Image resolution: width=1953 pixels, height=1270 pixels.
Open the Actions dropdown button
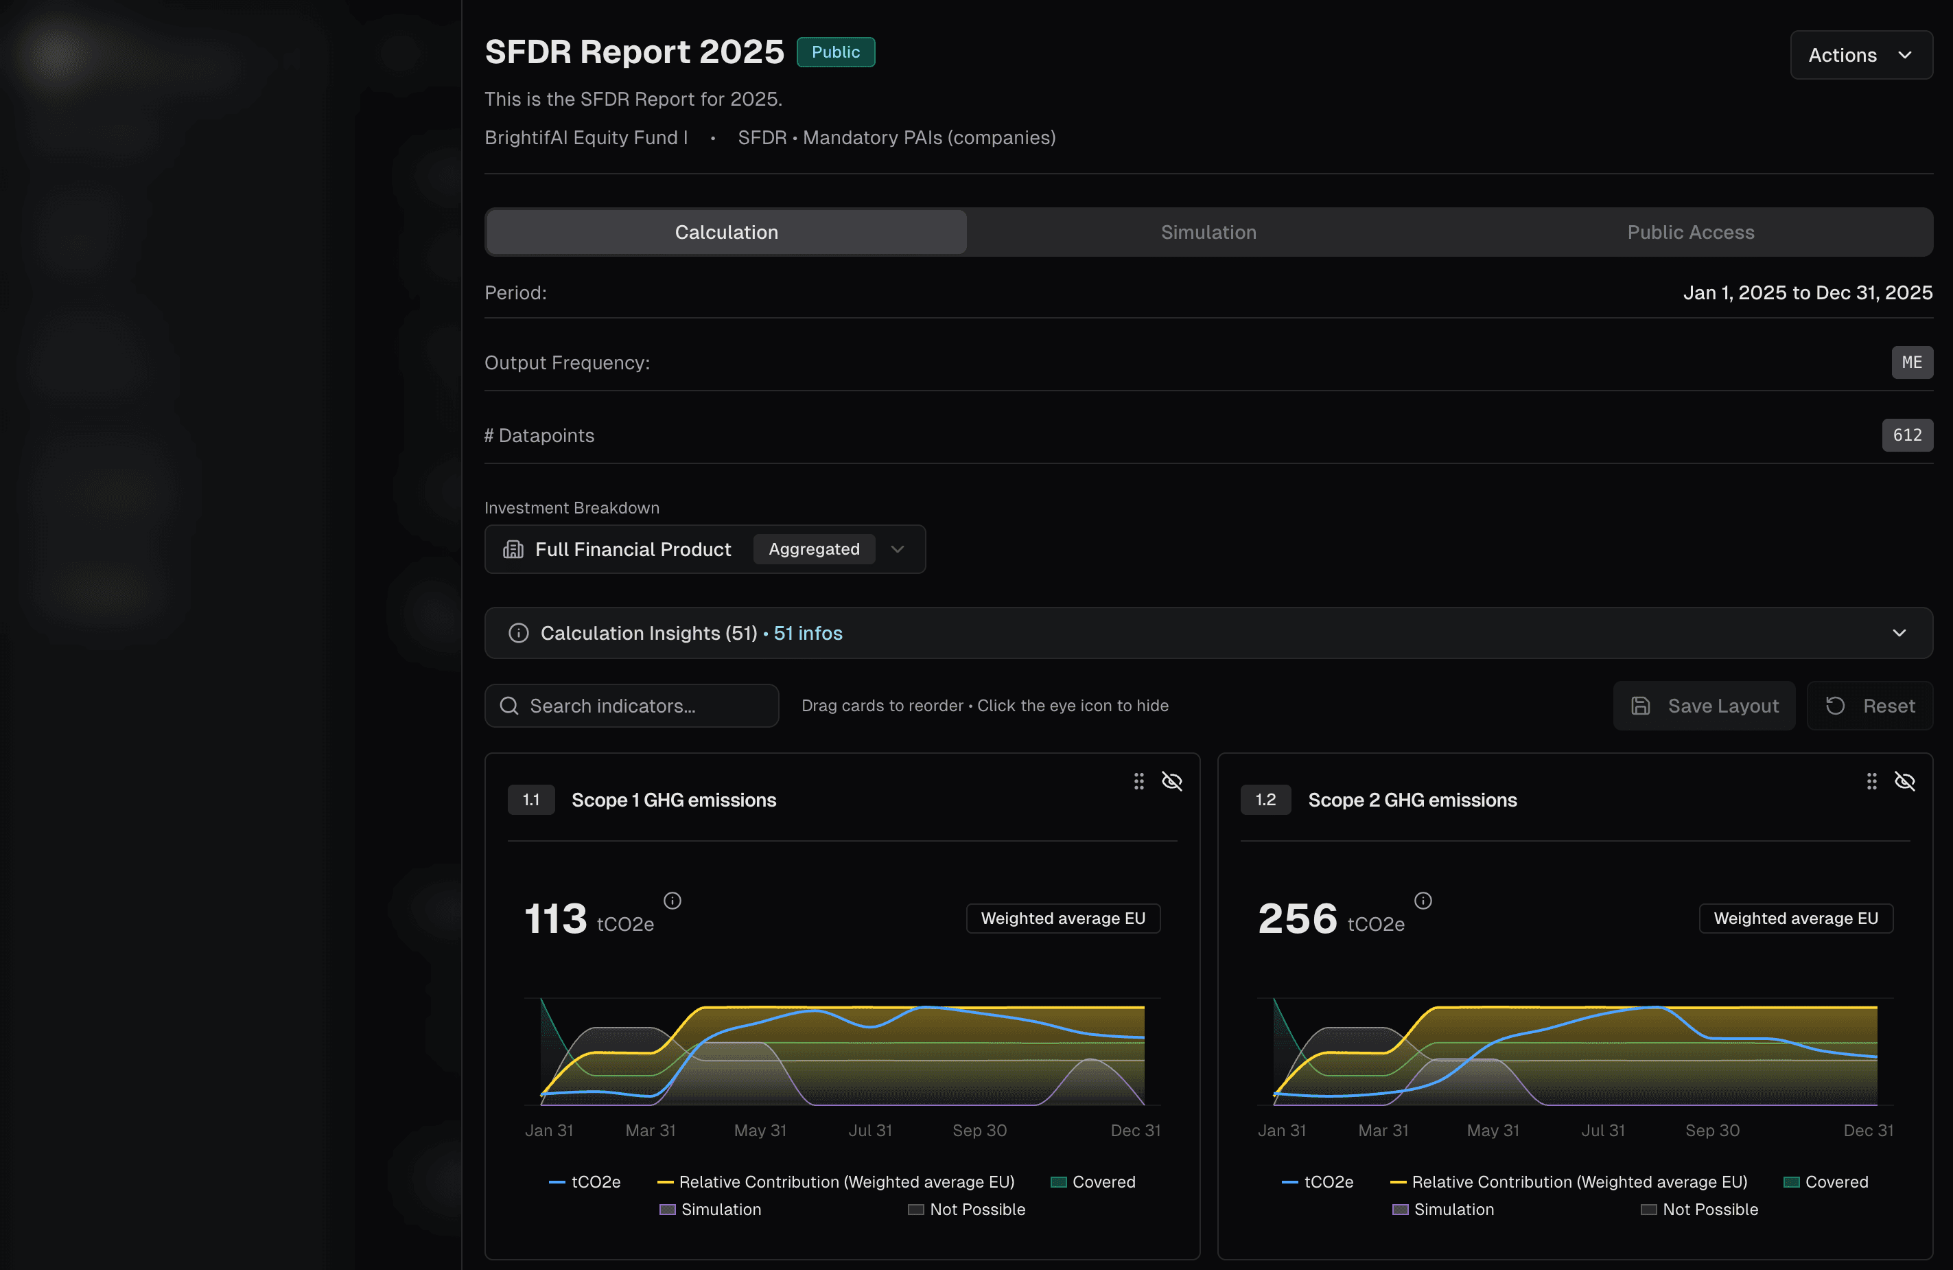click(x=1860, y=55)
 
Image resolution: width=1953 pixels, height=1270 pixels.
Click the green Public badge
click(x=835, y=51)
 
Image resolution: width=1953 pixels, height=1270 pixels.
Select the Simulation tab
click(x=1208, y=232)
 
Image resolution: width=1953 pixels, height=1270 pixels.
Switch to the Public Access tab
click(x=1690, y=232)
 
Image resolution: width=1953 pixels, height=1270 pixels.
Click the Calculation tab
click(x=726, y=232)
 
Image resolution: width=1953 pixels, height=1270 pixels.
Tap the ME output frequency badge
click(x=1911, y=362)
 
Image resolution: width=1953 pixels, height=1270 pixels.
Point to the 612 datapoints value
click(x=1906, y=435)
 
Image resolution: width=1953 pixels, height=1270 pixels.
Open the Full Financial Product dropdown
click(x=705, y=549)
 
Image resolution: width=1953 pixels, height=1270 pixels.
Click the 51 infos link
click(x=808, y=633)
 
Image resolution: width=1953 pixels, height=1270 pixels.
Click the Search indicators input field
click(x=632, y=706)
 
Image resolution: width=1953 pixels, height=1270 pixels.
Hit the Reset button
click(x=1870, y=706)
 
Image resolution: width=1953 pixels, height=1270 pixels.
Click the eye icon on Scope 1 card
click(x=1172, y=781)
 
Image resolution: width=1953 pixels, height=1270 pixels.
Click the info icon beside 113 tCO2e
click(x=672, y=901)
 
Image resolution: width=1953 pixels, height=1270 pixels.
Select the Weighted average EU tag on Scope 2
click(x=1795, y=918)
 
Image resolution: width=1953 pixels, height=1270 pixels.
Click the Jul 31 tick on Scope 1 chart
click(x=870, y=1131)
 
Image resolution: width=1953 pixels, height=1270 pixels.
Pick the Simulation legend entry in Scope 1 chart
click(x=711, y=1210)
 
